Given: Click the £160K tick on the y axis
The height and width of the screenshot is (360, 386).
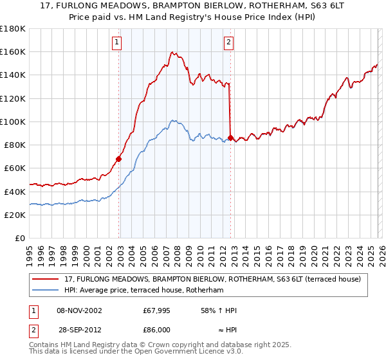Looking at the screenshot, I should pyautogui.click(x=13, y=51).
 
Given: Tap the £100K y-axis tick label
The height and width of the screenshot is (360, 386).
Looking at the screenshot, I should pyautogui.click(x=13, y=122).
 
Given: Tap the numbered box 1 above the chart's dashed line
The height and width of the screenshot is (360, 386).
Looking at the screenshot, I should pyautogui.click(x=117, y=43).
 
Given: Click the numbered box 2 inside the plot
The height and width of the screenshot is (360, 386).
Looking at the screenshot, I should pyautogui.click(x=229, y=43).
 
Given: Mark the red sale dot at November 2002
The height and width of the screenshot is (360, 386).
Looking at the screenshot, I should pyautogui.click(x=119, y=158).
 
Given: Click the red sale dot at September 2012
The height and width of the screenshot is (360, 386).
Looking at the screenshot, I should pyautogui.click(x=231, y=138).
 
